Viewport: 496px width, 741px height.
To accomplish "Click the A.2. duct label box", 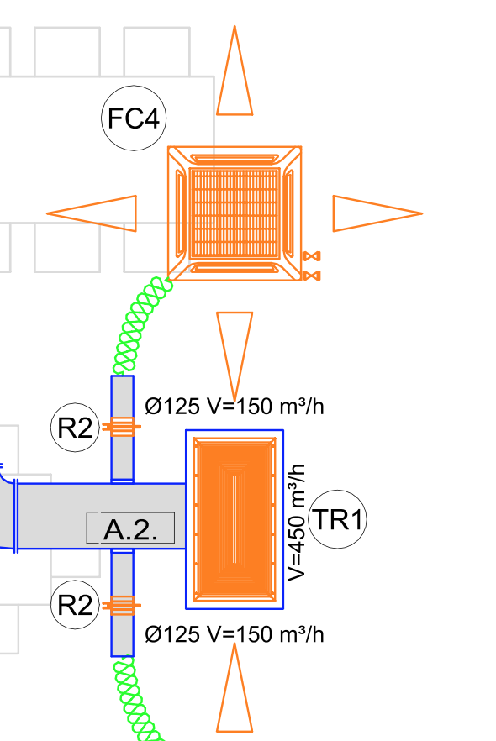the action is (x=130, y=528).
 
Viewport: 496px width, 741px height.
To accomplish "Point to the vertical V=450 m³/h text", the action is (x=297, y=523).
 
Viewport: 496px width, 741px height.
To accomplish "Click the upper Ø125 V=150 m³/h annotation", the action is (x=235, y=407).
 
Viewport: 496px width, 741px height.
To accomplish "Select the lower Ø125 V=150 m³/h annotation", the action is (x=235, y=634).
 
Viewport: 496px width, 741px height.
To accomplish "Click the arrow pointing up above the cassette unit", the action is (x=235, y=71).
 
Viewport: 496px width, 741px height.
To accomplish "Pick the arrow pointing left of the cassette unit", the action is (x=92, y=213).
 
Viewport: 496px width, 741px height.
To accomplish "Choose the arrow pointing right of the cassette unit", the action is (x=377, y=213).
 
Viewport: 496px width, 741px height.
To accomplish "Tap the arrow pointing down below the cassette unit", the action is (x=235, y=356).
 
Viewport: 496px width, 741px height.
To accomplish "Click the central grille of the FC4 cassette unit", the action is (x=235, y=213).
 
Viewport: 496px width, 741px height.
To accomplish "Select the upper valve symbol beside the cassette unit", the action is (x=311, y=256).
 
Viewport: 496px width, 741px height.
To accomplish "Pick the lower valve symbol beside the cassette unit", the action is (x=311, y=276).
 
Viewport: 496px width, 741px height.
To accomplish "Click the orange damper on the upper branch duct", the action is (x=122, y=427).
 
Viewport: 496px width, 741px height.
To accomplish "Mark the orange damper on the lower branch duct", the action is (x=122, y=605).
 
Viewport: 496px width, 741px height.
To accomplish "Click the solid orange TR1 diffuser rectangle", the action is (x=235, y=519).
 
